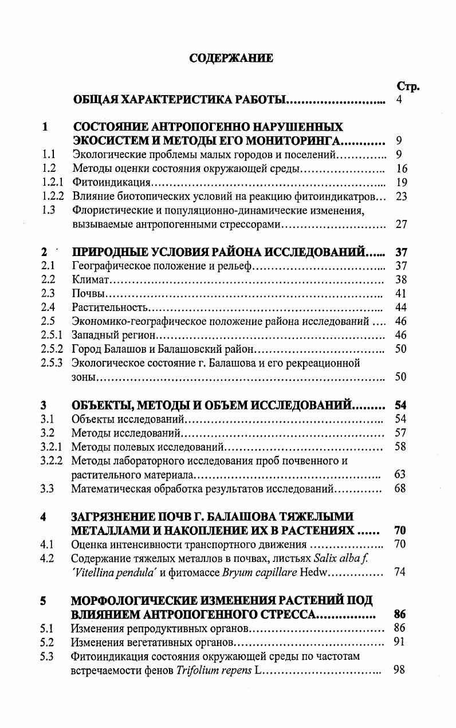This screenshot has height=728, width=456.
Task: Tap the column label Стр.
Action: [x=408, y=86]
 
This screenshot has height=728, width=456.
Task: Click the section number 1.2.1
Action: [x=52, y=183]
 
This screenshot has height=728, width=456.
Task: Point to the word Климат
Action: [x=91, y=280]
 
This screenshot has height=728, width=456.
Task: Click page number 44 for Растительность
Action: [x=401, y=308]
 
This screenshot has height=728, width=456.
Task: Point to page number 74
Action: [x=400, y=572]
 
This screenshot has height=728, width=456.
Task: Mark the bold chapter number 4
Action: [x=44, y=517]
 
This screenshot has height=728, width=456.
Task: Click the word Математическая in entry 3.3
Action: [x=111, y=489]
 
